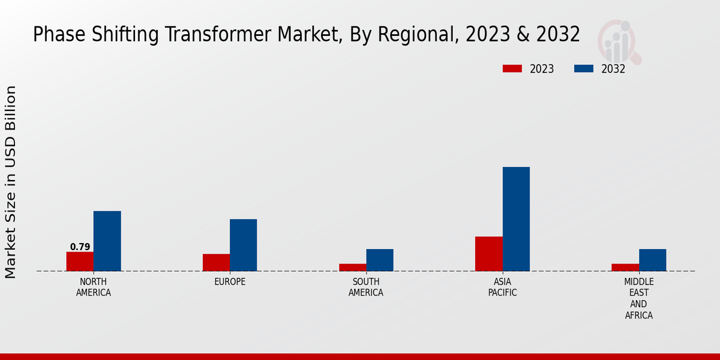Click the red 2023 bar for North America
[80, 262]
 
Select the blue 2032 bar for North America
[107, 241]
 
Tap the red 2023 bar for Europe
[216, 262]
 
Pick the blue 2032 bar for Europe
[243, 245]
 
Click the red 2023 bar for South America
[352, 268]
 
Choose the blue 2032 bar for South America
[379, 260]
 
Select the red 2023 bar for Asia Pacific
[488, 254]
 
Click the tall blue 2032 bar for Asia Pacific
[516, 219]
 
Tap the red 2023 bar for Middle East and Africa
[625, 268]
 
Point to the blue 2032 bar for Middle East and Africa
[652, 260]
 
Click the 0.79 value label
[80, 247]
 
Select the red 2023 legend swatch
[512, 69]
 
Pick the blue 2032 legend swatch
[583, 69]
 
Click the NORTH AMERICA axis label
[93, 287]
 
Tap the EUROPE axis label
[230, 282]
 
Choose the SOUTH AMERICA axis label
[365, 287]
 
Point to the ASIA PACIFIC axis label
[502, 287]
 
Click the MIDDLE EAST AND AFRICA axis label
[638, 298]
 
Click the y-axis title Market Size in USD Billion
[11, 182]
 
